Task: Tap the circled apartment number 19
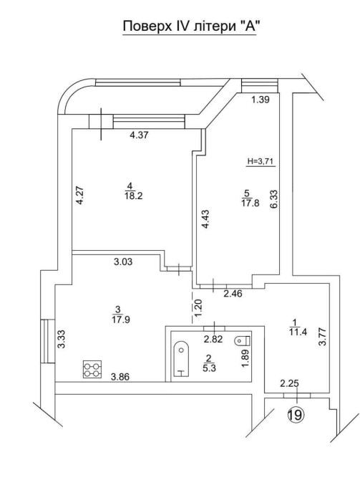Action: tap(296, 415)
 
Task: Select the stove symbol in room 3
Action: tap(92, 369)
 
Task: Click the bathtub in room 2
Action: tap(181, 358)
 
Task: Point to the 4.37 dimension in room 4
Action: tap(139, 135)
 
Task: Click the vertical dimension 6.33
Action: tap(273, 199)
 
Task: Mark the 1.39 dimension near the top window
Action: tap(261, 100)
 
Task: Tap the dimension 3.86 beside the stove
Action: tap(120, 377)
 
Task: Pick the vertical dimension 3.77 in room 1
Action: tap(322, 337)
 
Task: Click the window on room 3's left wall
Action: tap(48, 341)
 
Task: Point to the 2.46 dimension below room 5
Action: tap(233, 294)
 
